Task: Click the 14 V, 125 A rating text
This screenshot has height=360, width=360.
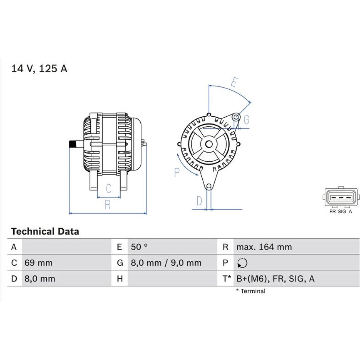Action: point(39,69)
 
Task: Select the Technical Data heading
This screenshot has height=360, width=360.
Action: point(45,231)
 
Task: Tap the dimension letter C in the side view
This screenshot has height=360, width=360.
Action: point(109,189)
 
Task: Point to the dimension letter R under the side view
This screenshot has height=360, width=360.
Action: point(108,204)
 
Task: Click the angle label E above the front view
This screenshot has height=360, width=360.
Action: point(234,82)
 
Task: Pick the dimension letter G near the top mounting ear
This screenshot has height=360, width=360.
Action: point(246,120)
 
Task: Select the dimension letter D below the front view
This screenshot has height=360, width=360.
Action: point(199,201)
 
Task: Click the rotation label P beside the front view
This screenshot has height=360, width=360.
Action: point(177,172)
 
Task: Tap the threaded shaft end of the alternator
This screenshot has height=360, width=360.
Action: point(73,144)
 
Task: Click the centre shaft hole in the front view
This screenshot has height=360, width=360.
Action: point(209,144)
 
